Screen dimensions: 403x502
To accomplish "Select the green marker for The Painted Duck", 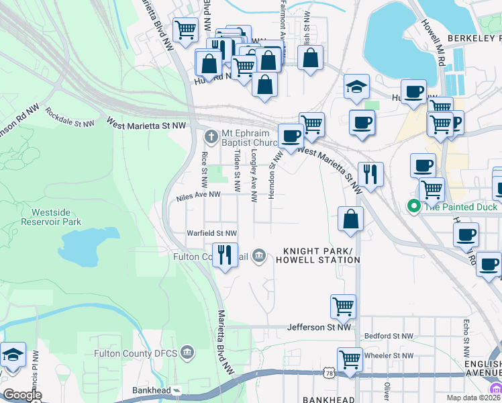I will (x=414, y=206).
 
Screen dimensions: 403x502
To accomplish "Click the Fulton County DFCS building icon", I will (x=187, y=353).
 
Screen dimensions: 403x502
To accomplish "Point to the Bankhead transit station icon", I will (x=177, y=390).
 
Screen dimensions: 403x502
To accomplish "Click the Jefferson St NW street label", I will (x=319, y=327).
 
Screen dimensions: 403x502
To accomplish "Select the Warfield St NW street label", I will (x=212, y=233).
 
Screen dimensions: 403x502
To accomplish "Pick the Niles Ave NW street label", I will (x=198, y=195).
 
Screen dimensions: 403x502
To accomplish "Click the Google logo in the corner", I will (x=22, y=395).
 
